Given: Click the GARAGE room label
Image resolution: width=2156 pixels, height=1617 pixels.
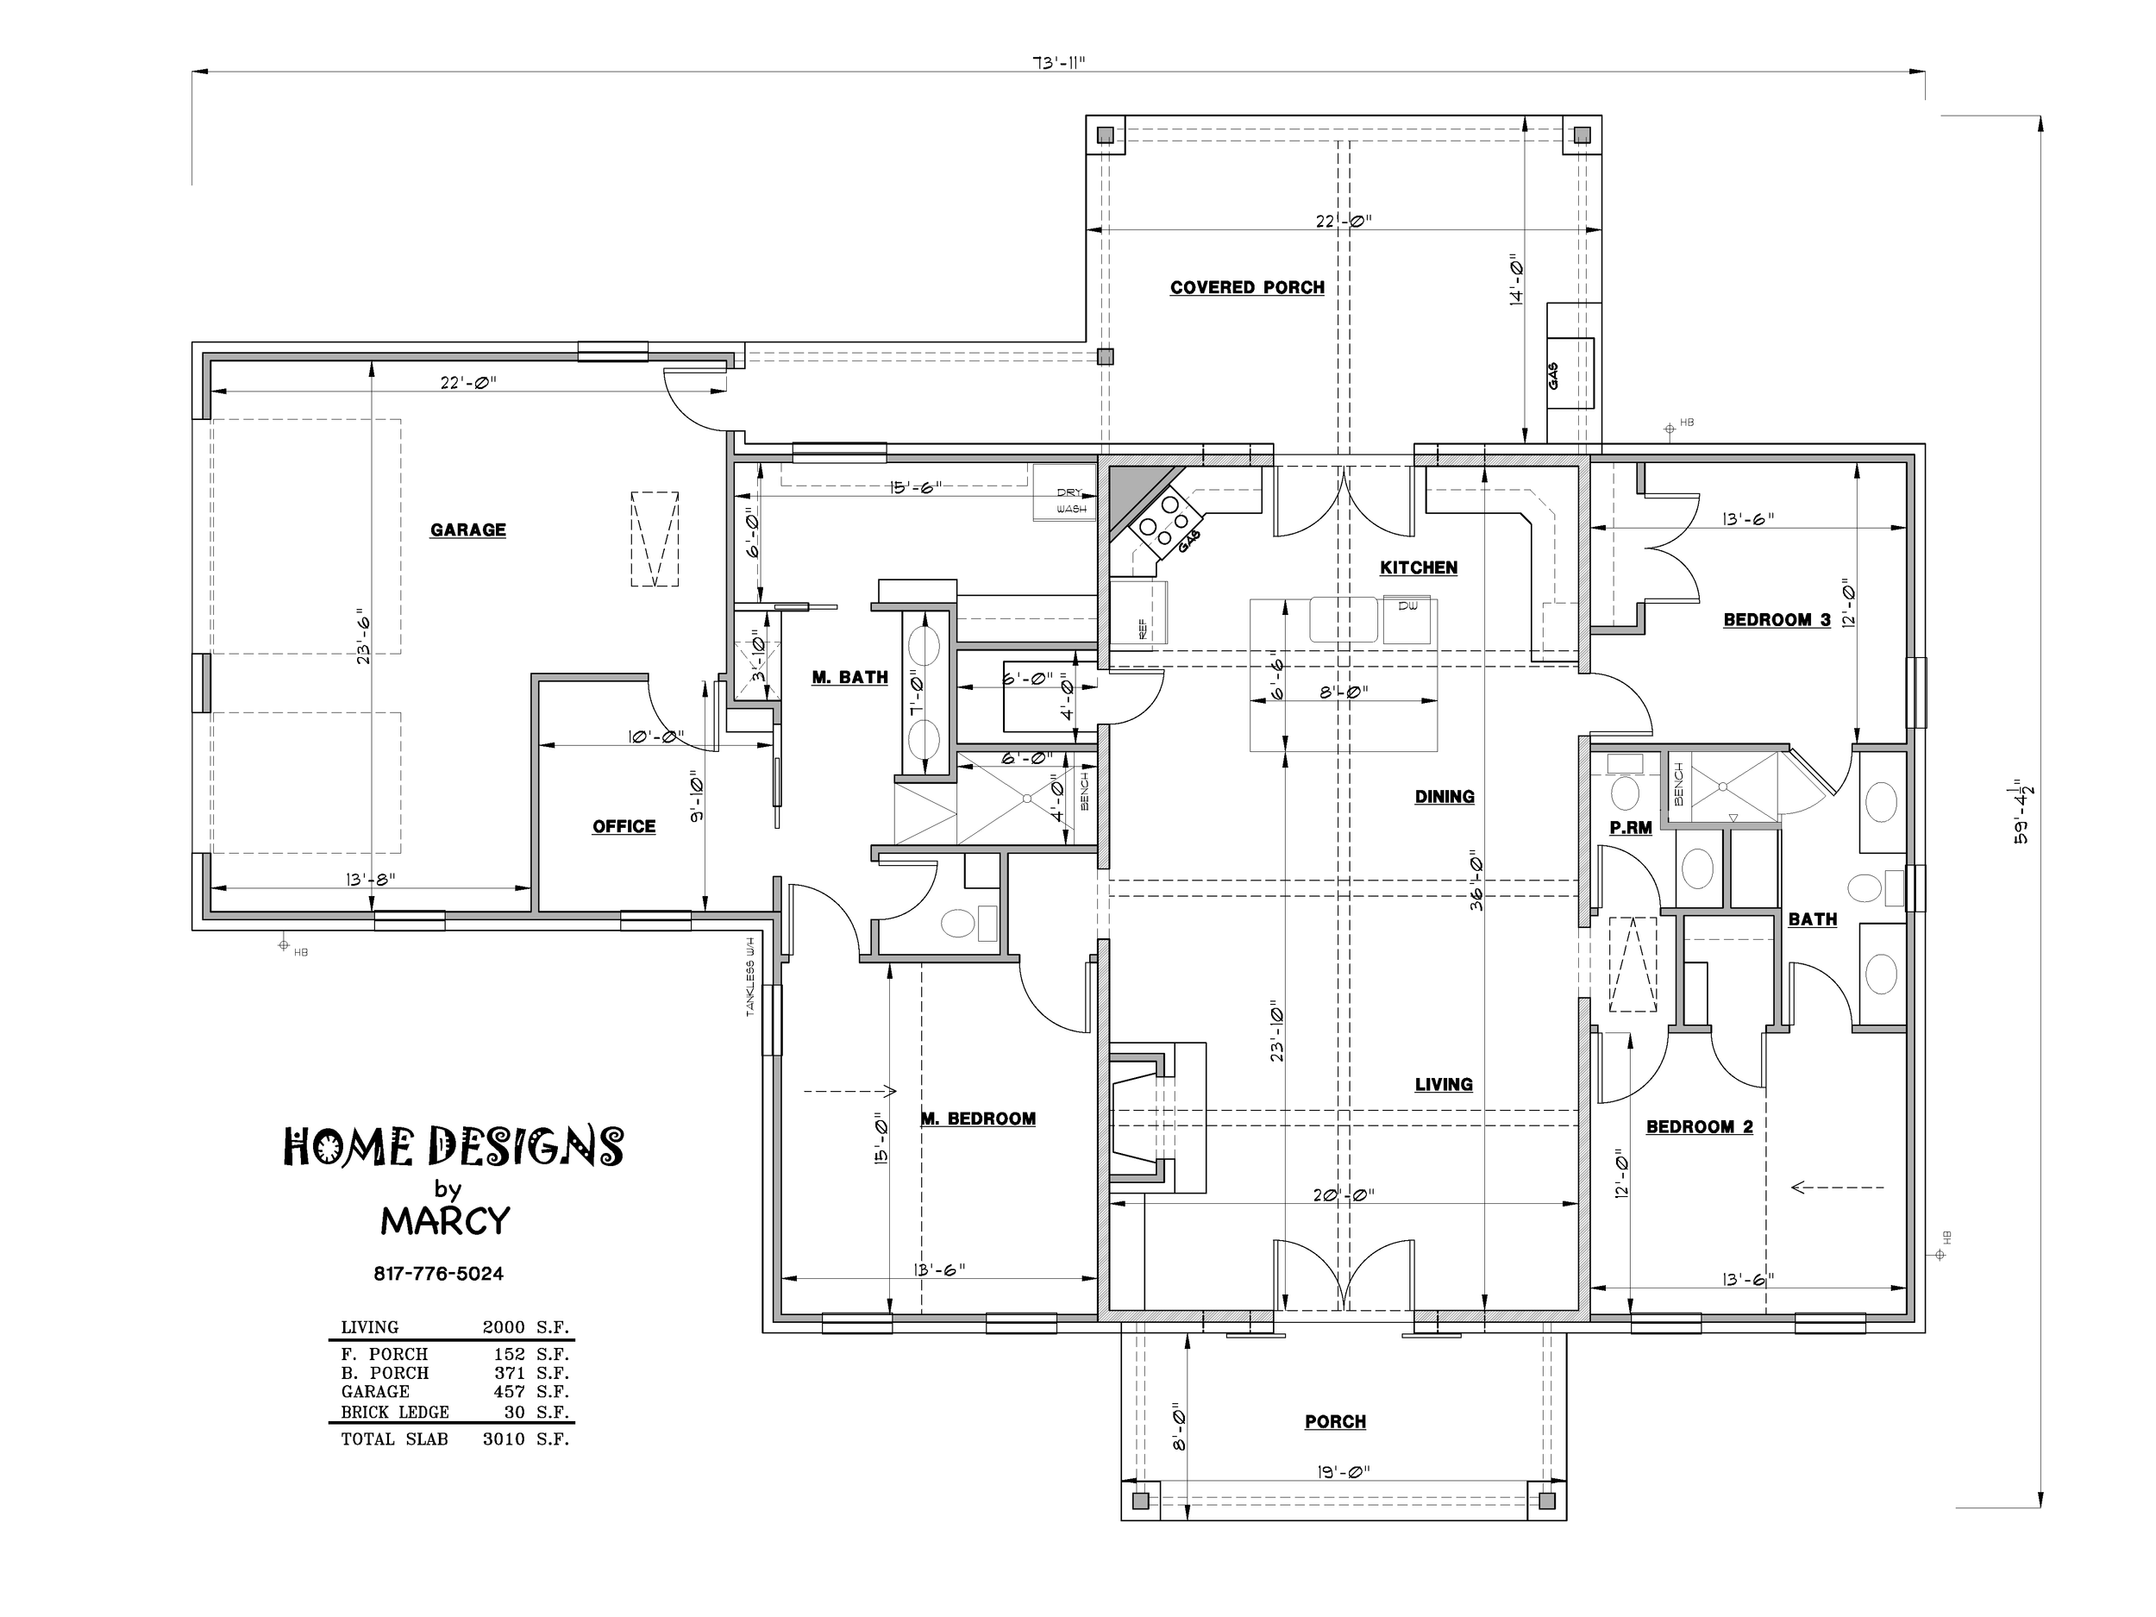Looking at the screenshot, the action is click(x=467, y=530).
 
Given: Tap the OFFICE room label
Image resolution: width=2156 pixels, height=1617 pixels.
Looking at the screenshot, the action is click(x=624, y=826).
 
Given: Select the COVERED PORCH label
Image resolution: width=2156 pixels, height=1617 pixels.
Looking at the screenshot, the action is click(x=1248, y=287).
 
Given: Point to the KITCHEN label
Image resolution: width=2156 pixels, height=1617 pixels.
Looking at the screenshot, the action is click(x=1418, y=567).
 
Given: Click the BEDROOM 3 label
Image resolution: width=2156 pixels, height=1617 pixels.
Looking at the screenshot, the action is click(x=1777, y=620).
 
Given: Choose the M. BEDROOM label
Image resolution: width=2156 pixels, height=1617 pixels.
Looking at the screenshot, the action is click(x=979, y=1119).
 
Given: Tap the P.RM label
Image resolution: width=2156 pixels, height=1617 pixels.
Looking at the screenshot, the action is click(x=1631, y=828).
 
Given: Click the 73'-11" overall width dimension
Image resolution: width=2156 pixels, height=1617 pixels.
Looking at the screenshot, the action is click(x=1058, y=62).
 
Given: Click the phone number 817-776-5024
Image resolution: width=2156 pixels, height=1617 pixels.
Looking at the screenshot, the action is click(x=439, y=1274).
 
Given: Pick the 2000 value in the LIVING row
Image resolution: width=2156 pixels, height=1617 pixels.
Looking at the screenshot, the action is click(x=503, y=1327).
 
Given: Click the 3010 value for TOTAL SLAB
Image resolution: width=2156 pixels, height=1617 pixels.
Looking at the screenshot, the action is click(x=503, y=1438).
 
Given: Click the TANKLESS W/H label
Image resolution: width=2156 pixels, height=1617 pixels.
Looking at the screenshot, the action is click(x=750, y=976).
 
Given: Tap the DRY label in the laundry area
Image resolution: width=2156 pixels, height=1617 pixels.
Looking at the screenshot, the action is click(x=1069, y=493).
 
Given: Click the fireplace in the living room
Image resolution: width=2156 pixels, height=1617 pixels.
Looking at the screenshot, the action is click(x=1157, y=1118).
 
